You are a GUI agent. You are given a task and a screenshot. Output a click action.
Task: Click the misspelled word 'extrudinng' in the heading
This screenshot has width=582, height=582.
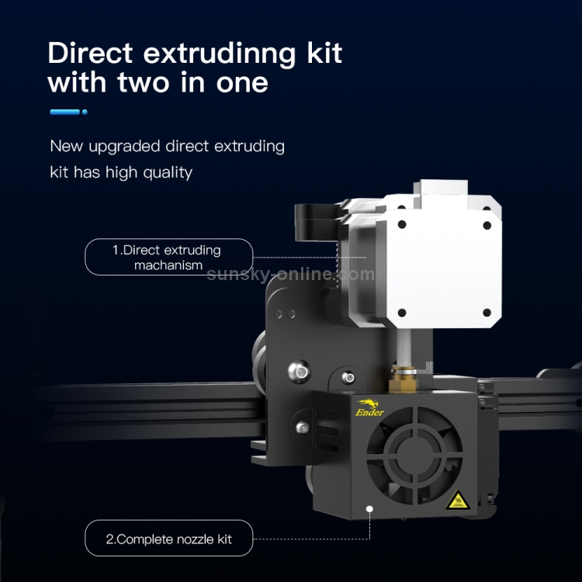point(220,54)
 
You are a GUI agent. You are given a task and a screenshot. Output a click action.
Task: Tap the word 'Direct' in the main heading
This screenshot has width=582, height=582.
point(90,52)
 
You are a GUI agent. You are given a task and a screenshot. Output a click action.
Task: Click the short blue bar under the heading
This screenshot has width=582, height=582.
point(65,112)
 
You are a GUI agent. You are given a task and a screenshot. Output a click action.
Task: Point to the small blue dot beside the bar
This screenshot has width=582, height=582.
point(85,112)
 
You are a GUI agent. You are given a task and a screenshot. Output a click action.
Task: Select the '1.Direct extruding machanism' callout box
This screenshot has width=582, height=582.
point(169,257)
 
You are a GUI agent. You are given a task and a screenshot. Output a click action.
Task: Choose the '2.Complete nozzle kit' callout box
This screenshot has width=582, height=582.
point(169,538)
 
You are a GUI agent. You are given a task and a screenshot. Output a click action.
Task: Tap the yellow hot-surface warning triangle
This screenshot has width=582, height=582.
point(458,500)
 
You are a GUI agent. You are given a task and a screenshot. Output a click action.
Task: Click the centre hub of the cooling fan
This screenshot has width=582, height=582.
point(415,456)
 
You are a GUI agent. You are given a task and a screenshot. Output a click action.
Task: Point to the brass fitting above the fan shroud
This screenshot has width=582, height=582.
point(403,379)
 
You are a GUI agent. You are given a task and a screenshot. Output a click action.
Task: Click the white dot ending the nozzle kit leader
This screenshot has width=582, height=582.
point(369,509)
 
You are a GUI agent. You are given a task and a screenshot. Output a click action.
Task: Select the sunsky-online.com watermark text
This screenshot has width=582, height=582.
point(291,275)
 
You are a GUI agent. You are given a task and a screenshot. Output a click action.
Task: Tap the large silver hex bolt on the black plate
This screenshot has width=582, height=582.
point(300,371)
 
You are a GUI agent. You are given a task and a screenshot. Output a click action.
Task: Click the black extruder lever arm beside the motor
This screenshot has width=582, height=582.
point(317,222)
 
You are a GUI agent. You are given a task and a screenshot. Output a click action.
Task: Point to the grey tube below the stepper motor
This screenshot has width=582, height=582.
point(404,347)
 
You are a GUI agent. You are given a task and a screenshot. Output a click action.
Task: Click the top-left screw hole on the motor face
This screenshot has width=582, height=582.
point(402,224)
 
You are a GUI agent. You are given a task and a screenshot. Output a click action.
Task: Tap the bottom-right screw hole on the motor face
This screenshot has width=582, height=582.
point(487,313)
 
